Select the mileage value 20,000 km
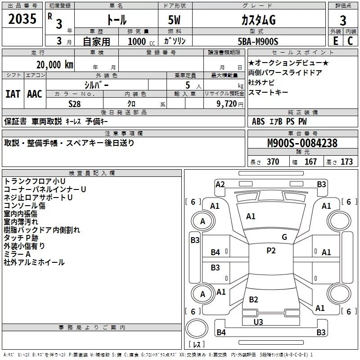(53, 65)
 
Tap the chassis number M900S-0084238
(302, 143)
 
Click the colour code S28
(75, 103)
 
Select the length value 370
(273, 162)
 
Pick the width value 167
(310, 162)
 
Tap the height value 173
(346, 162)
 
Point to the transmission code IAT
(13, 94)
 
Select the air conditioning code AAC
(35, 94)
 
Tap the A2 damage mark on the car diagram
(220, 184)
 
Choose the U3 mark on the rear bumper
(258, 322)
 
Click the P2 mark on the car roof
(270, 251)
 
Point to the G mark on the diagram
(284, 237)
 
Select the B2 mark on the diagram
(254, 300)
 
